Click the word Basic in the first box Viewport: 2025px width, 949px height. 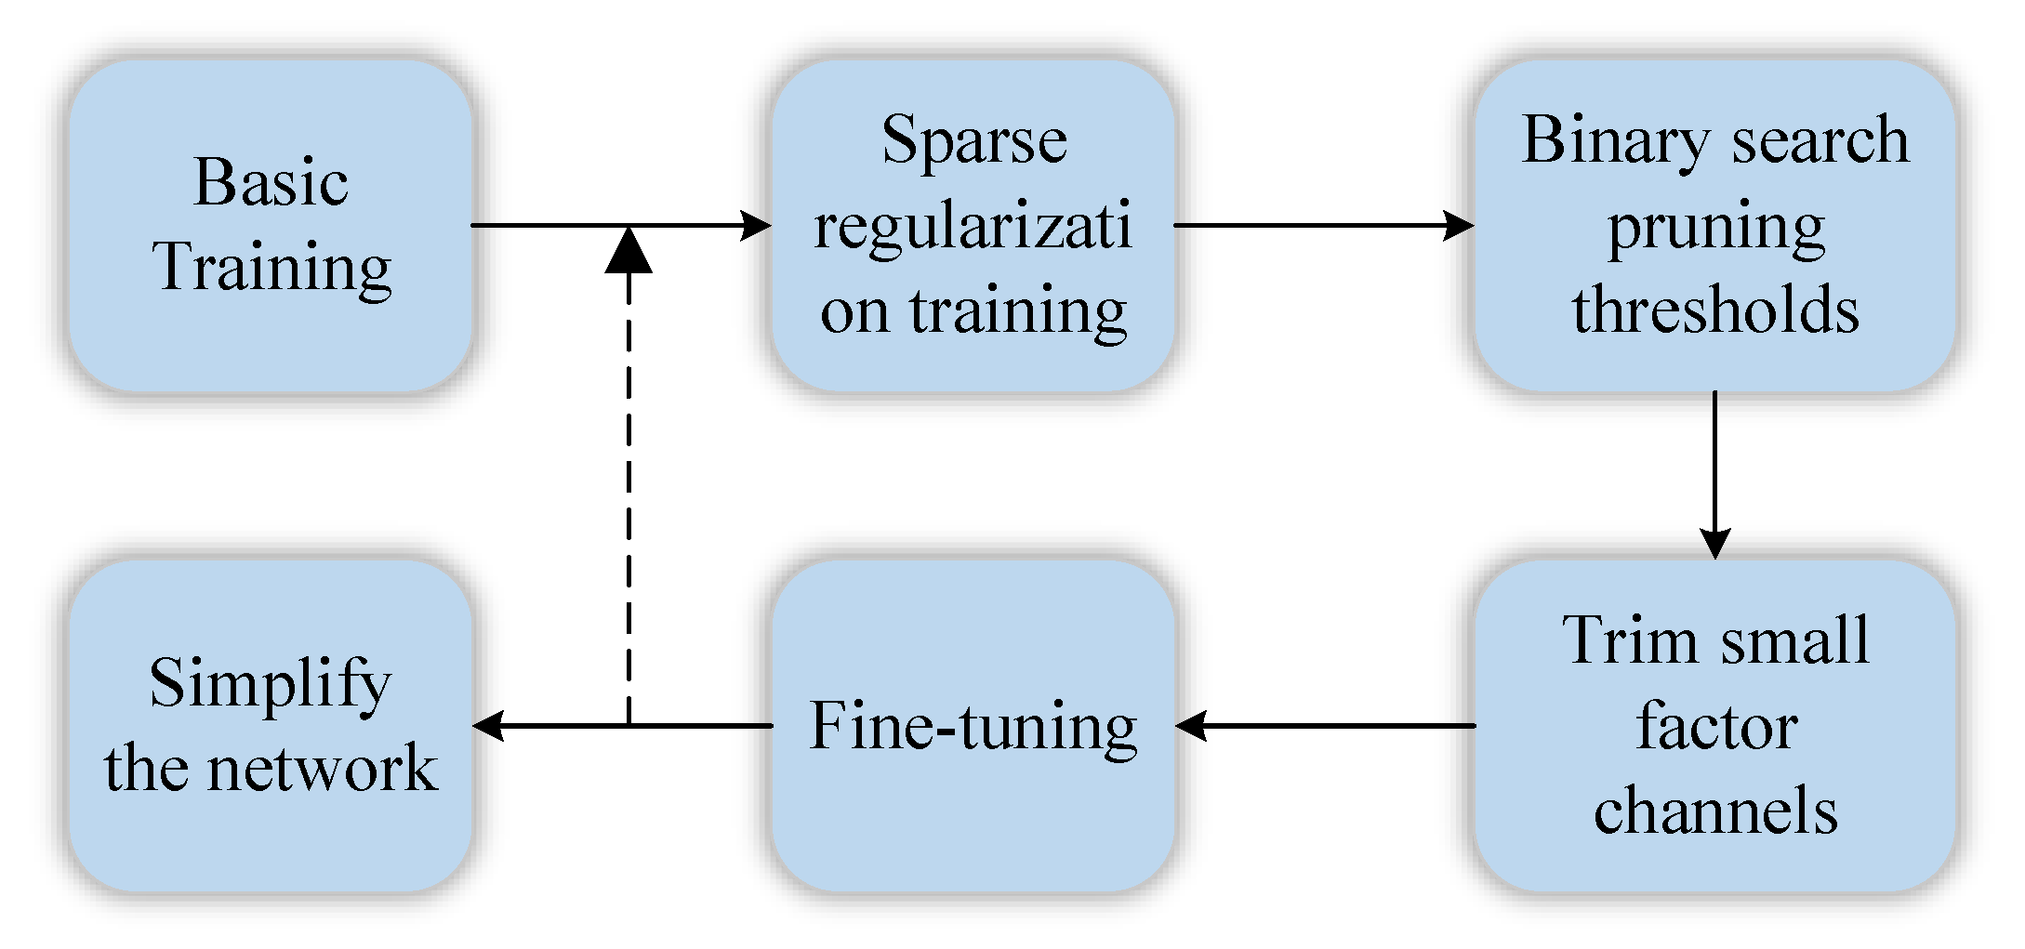coord(271,182)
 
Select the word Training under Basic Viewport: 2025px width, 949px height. coord(271,267)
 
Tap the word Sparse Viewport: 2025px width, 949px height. coord(973,140)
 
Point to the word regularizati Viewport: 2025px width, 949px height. coord(973,225)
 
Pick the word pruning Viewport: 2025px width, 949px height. coord(1715,227)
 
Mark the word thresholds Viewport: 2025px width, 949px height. coord(1715,310)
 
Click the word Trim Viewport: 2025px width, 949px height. coord(1617,640)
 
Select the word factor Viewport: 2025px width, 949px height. coord(1715,726)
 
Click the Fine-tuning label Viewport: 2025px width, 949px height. coord(973,726)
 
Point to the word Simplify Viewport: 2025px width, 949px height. coord(271,684)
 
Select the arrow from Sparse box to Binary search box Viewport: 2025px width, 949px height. coord(1320,225)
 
